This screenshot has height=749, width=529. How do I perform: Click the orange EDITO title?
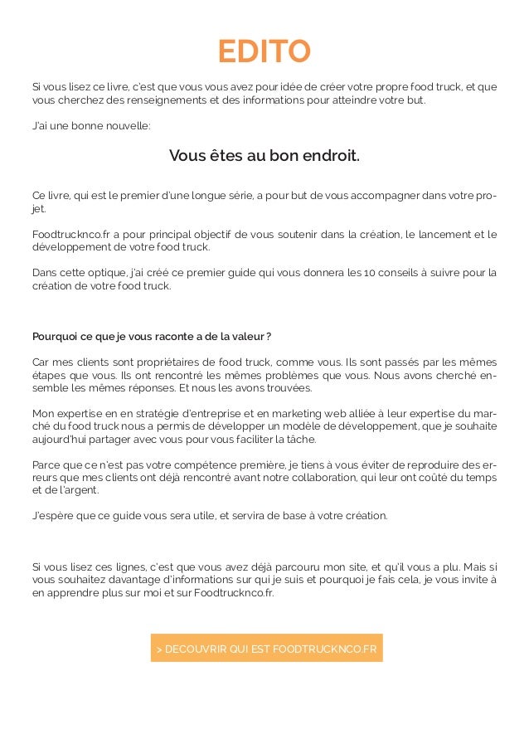(264, 51)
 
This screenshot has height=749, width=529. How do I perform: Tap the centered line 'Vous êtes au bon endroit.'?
(264, 156)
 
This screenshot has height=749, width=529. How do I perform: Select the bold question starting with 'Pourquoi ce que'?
(152, 336)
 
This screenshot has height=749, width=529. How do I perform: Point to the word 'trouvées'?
(284, 387)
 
